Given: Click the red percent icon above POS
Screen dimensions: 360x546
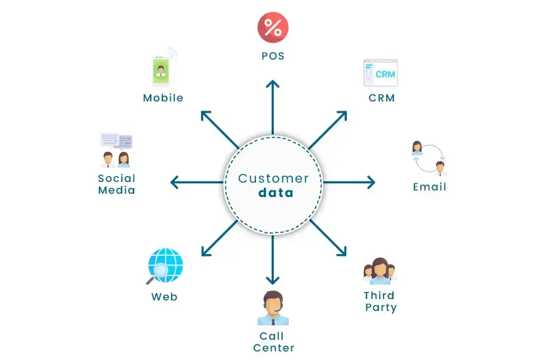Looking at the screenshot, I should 273,27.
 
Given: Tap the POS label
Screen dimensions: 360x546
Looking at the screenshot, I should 273,56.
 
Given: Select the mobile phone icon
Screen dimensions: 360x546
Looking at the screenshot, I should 160,69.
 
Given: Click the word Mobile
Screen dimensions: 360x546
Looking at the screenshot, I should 163,98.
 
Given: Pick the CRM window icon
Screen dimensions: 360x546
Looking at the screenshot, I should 380,73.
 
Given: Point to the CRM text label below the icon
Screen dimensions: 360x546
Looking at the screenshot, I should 382,99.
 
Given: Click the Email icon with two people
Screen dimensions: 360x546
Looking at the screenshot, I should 429,158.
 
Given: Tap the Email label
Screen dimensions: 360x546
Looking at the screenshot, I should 429,187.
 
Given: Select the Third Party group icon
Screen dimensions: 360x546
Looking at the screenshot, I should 380,270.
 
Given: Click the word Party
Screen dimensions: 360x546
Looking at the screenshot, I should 381,308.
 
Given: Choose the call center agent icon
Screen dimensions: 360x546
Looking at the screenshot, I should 273,308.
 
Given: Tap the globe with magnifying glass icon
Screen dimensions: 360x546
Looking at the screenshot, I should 164,266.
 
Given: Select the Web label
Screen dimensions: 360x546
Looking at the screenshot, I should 164,297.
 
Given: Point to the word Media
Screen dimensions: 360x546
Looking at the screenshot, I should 117,190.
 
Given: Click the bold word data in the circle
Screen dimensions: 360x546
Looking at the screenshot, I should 276,193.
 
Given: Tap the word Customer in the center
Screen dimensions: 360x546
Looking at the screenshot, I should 273,178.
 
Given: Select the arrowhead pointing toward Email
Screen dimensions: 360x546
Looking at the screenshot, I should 371,182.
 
